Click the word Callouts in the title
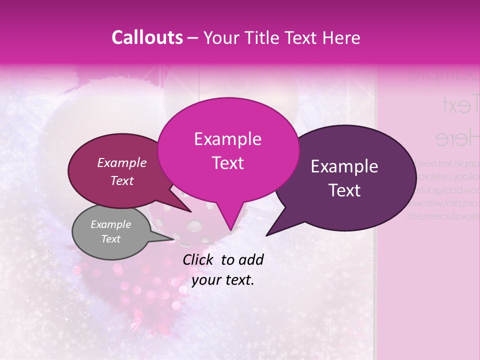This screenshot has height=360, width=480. click(x=147, y=38)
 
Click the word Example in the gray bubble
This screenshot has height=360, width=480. click(x=110, y=224)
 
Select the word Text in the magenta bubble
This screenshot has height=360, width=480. click(x=227, y=163)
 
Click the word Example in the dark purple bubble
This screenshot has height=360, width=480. click(x=344, y=166)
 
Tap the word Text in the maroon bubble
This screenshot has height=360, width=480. click(x=122, y=181)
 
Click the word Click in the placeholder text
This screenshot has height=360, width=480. click(x=198, y=259)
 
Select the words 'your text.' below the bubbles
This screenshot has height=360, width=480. click(x=223, y=280)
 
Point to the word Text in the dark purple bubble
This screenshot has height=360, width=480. click(x=345, y=190)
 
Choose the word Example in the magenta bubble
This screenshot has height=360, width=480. click(x=227, y=139)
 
